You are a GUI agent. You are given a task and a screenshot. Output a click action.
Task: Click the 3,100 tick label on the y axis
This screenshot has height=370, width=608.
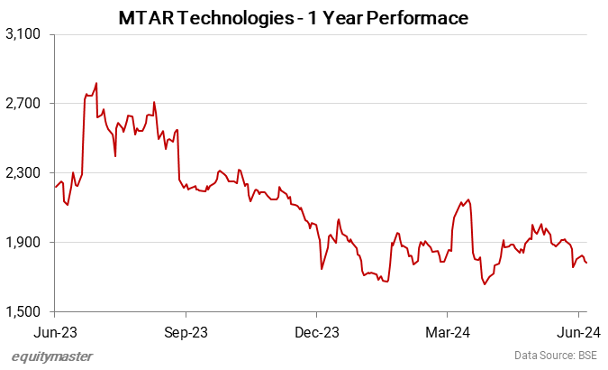click(x=23, y=34)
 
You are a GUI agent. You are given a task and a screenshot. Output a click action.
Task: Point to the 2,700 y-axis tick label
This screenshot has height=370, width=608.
click(x=23, y=104)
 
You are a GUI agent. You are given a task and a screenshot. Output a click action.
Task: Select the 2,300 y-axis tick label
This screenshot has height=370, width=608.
click(x=23, y=173)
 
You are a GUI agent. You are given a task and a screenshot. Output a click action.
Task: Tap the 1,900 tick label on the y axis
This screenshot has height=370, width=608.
click(x=23, y=243)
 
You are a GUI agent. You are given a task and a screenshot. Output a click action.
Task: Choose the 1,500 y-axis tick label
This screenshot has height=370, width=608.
click(x=23, y=312)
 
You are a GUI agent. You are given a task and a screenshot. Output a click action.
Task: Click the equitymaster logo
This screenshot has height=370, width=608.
click(x=52, y=356)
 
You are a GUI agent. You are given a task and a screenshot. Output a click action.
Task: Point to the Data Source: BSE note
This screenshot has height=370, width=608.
click(x=556, y=356)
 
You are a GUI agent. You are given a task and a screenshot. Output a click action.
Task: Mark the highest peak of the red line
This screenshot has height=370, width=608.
click(x=95, y=83)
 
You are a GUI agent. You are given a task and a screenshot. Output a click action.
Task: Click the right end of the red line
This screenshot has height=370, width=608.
click(x=587, y=263)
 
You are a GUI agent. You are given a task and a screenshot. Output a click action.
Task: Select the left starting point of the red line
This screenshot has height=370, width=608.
click(x=55, y=188)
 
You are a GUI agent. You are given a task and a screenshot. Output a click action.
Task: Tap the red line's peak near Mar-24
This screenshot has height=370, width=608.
click(x=469, y=199)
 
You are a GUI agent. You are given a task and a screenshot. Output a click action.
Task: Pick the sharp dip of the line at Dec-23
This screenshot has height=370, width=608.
click(x=322, y=269)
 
